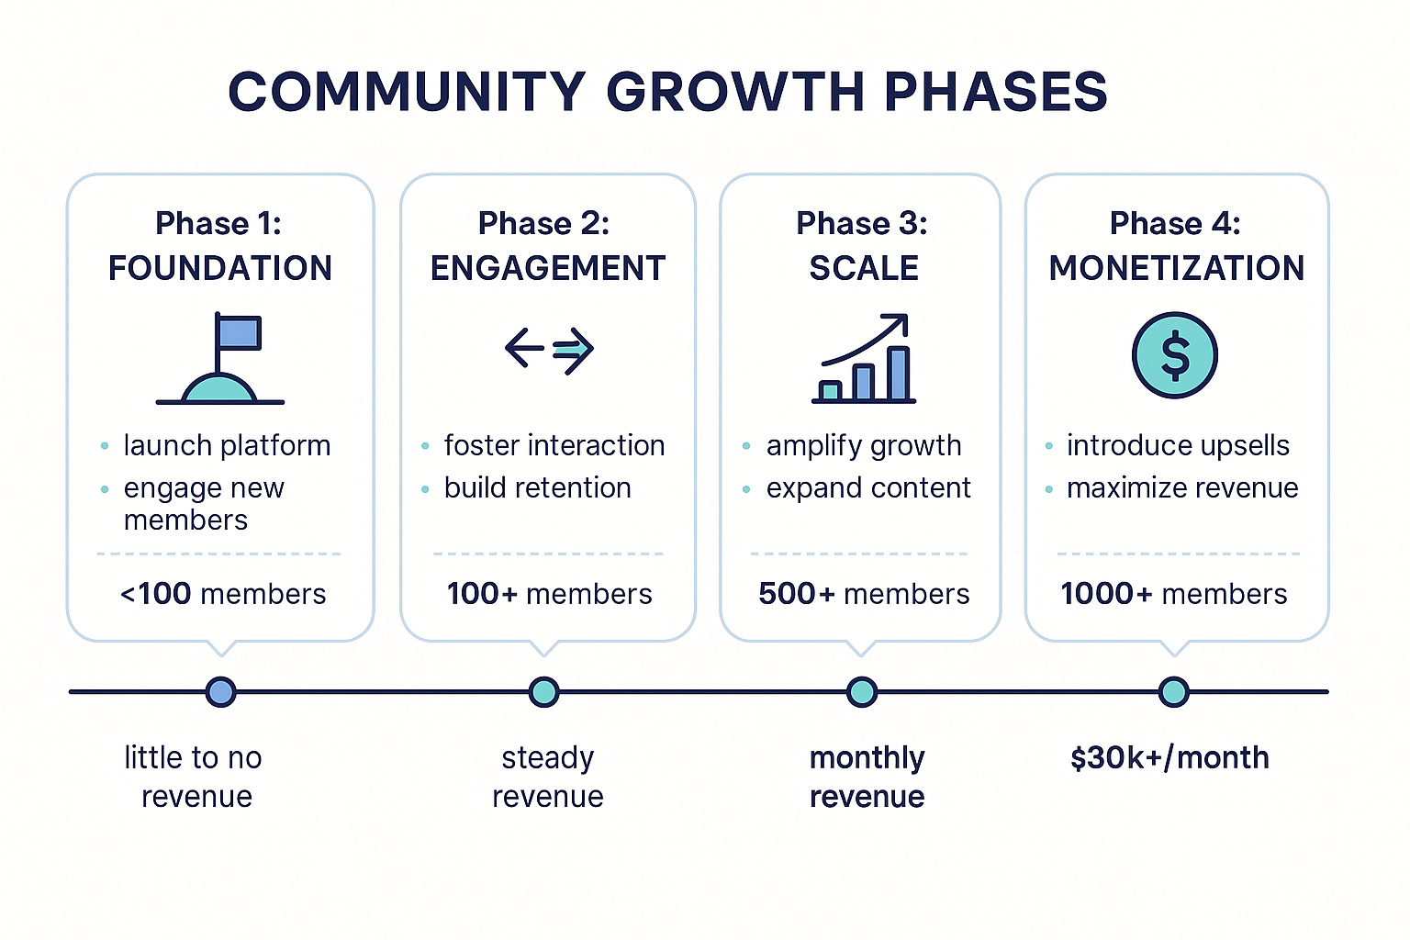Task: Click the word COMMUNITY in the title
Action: coord(407,92)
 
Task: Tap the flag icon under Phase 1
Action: coord(221,359)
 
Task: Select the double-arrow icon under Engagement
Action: coord(549,349)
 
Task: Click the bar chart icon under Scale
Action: coord(864,359)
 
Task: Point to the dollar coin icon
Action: coord(1174,355)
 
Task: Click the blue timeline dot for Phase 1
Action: coord(220,691)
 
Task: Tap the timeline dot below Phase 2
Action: coord(544,691)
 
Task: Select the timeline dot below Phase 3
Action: coord(861,691)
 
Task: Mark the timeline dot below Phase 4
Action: coord(1173,691)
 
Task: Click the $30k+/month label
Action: coord(1169,758)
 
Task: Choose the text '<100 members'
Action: coord(223,594)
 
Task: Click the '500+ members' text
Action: coord(864,594)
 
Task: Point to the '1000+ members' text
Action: coord(1174,594)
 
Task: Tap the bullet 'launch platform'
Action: coord(227,446)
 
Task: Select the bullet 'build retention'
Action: coord(537,487)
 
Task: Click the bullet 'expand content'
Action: coord(868,487)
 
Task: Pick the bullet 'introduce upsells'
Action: coord(1178,446)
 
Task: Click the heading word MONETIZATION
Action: coord(1177,268)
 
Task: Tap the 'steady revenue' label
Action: coord(548,777)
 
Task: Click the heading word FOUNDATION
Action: coord(220,268)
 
